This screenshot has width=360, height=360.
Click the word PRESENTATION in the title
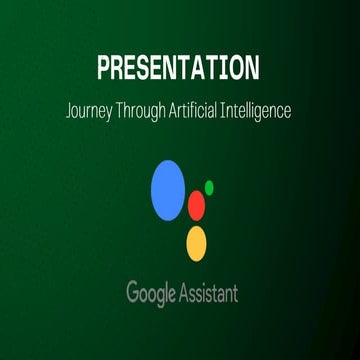tap(179, 69)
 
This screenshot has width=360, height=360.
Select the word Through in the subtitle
tap(149, 111)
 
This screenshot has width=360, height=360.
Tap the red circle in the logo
tap(196, 205)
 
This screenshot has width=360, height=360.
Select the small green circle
tap(209, 186)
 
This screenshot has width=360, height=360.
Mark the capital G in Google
tap(132, 293)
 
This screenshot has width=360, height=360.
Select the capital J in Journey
tap(72, 110)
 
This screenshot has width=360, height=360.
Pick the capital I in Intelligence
tap(233, 110)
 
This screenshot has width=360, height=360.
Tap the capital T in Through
tap(125, 110)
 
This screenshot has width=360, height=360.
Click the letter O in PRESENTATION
tap(239, 69)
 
